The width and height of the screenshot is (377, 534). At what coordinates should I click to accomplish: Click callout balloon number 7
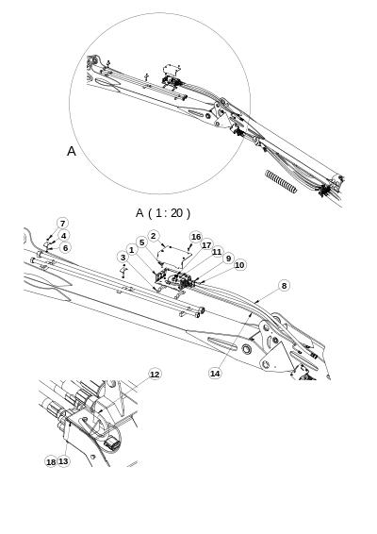pos(63,224)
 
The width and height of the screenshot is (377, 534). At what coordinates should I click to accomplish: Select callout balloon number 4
pos(63,236)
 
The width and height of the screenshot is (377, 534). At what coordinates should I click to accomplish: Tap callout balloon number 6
pos(65,248)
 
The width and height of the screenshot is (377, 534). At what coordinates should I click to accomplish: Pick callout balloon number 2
pos(154,236)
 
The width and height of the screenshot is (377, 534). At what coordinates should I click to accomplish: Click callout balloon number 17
pos(206,245)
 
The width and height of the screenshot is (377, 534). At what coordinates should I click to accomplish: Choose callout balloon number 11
pos(217,252)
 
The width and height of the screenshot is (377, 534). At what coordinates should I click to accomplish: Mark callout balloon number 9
pos(228,258)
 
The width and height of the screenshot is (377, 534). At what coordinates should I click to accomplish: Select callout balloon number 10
pos(239,265)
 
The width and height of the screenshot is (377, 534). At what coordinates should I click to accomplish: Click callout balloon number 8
pos(284,285)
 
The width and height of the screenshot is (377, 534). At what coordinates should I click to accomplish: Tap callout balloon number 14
pos(215,374)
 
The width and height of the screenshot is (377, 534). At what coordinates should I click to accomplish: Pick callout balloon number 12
pos(155,375)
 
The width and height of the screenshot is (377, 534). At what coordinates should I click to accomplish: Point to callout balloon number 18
pos(51,461)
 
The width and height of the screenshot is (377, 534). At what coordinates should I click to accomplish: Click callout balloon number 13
pos(63,461)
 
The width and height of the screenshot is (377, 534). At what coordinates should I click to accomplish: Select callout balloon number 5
pos(141,242)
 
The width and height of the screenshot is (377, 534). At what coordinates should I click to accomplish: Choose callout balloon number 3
pos(123,257)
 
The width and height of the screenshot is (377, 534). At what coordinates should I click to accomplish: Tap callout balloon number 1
pos(131,249)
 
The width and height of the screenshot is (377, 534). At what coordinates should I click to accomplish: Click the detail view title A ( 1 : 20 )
pos(163,212)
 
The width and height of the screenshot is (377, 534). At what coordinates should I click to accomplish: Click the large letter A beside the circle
pos(71,151)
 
